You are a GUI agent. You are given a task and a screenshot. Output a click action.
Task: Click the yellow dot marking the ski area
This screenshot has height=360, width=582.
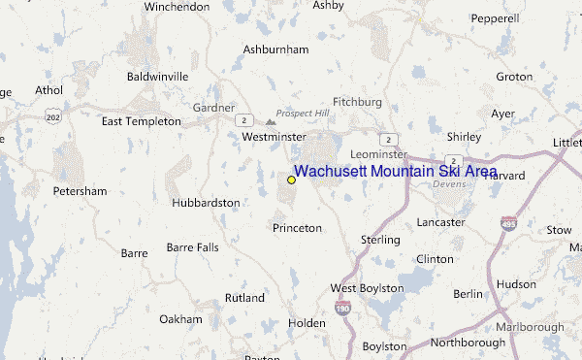[291, 180]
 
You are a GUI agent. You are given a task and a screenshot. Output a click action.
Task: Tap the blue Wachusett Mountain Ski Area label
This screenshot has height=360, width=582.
[395, 172]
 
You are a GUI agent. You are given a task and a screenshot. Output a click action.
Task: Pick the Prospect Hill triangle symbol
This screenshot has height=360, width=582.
[271, 123]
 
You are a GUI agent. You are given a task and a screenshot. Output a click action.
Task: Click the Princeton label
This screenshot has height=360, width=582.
[297, 228]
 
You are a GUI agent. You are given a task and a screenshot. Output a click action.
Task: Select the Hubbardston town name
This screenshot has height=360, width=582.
[205, 203]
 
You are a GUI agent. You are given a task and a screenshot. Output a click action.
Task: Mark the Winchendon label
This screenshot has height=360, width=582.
[177, 7]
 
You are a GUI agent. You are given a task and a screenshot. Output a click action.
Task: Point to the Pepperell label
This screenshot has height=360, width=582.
[495, 18]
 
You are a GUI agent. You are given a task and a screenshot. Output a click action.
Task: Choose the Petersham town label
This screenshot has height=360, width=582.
[80, 191]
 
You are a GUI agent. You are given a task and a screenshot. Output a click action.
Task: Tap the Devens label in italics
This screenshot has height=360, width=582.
[450, 183]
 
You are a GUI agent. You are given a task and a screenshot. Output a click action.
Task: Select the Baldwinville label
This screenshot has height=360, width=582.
[157, 76]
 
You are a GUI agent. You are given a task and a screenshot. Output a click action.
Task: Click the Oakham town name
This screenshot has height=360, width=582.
[180, 319]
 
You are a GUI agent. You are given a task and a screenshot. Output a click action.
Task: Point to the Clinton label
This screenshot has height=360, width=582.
[434, 259]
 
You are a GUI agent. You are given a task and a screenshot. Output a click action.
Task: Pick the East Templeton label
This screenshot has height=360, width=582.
[142, 121]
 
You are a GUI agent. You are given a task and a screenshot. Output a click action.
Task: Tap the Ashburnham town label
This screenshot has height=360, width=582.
[275, 49]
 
